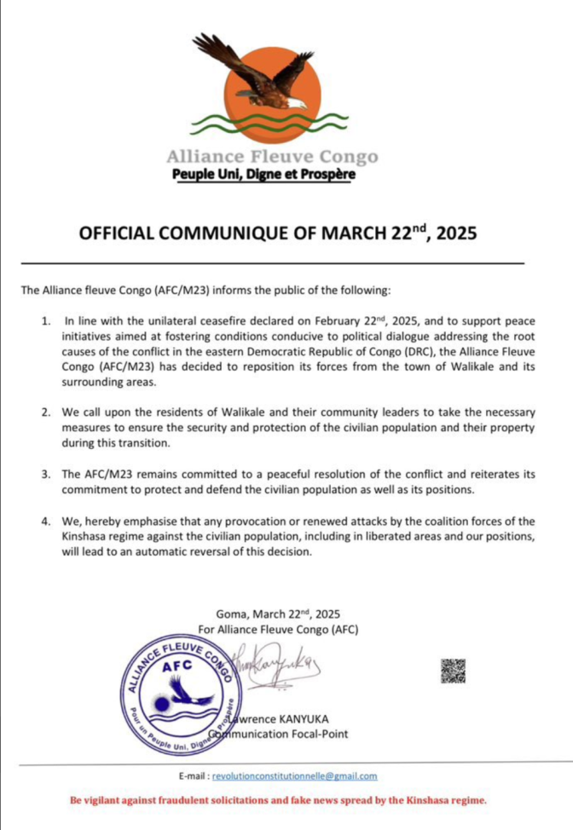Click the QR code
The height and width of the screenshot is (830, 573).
tap(453, 670)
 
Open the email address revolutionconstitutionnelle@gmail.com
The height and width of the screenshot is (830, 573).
tap(294, 776)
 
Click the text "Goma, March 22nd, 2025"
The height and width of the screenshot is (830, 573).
tap(278, 613)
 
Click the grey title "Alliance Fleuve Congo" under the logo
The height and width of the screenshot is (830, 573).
tap(271, 157)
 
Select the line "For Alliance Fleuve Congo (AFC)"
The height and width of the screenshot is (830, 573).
tap(278, 629)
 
